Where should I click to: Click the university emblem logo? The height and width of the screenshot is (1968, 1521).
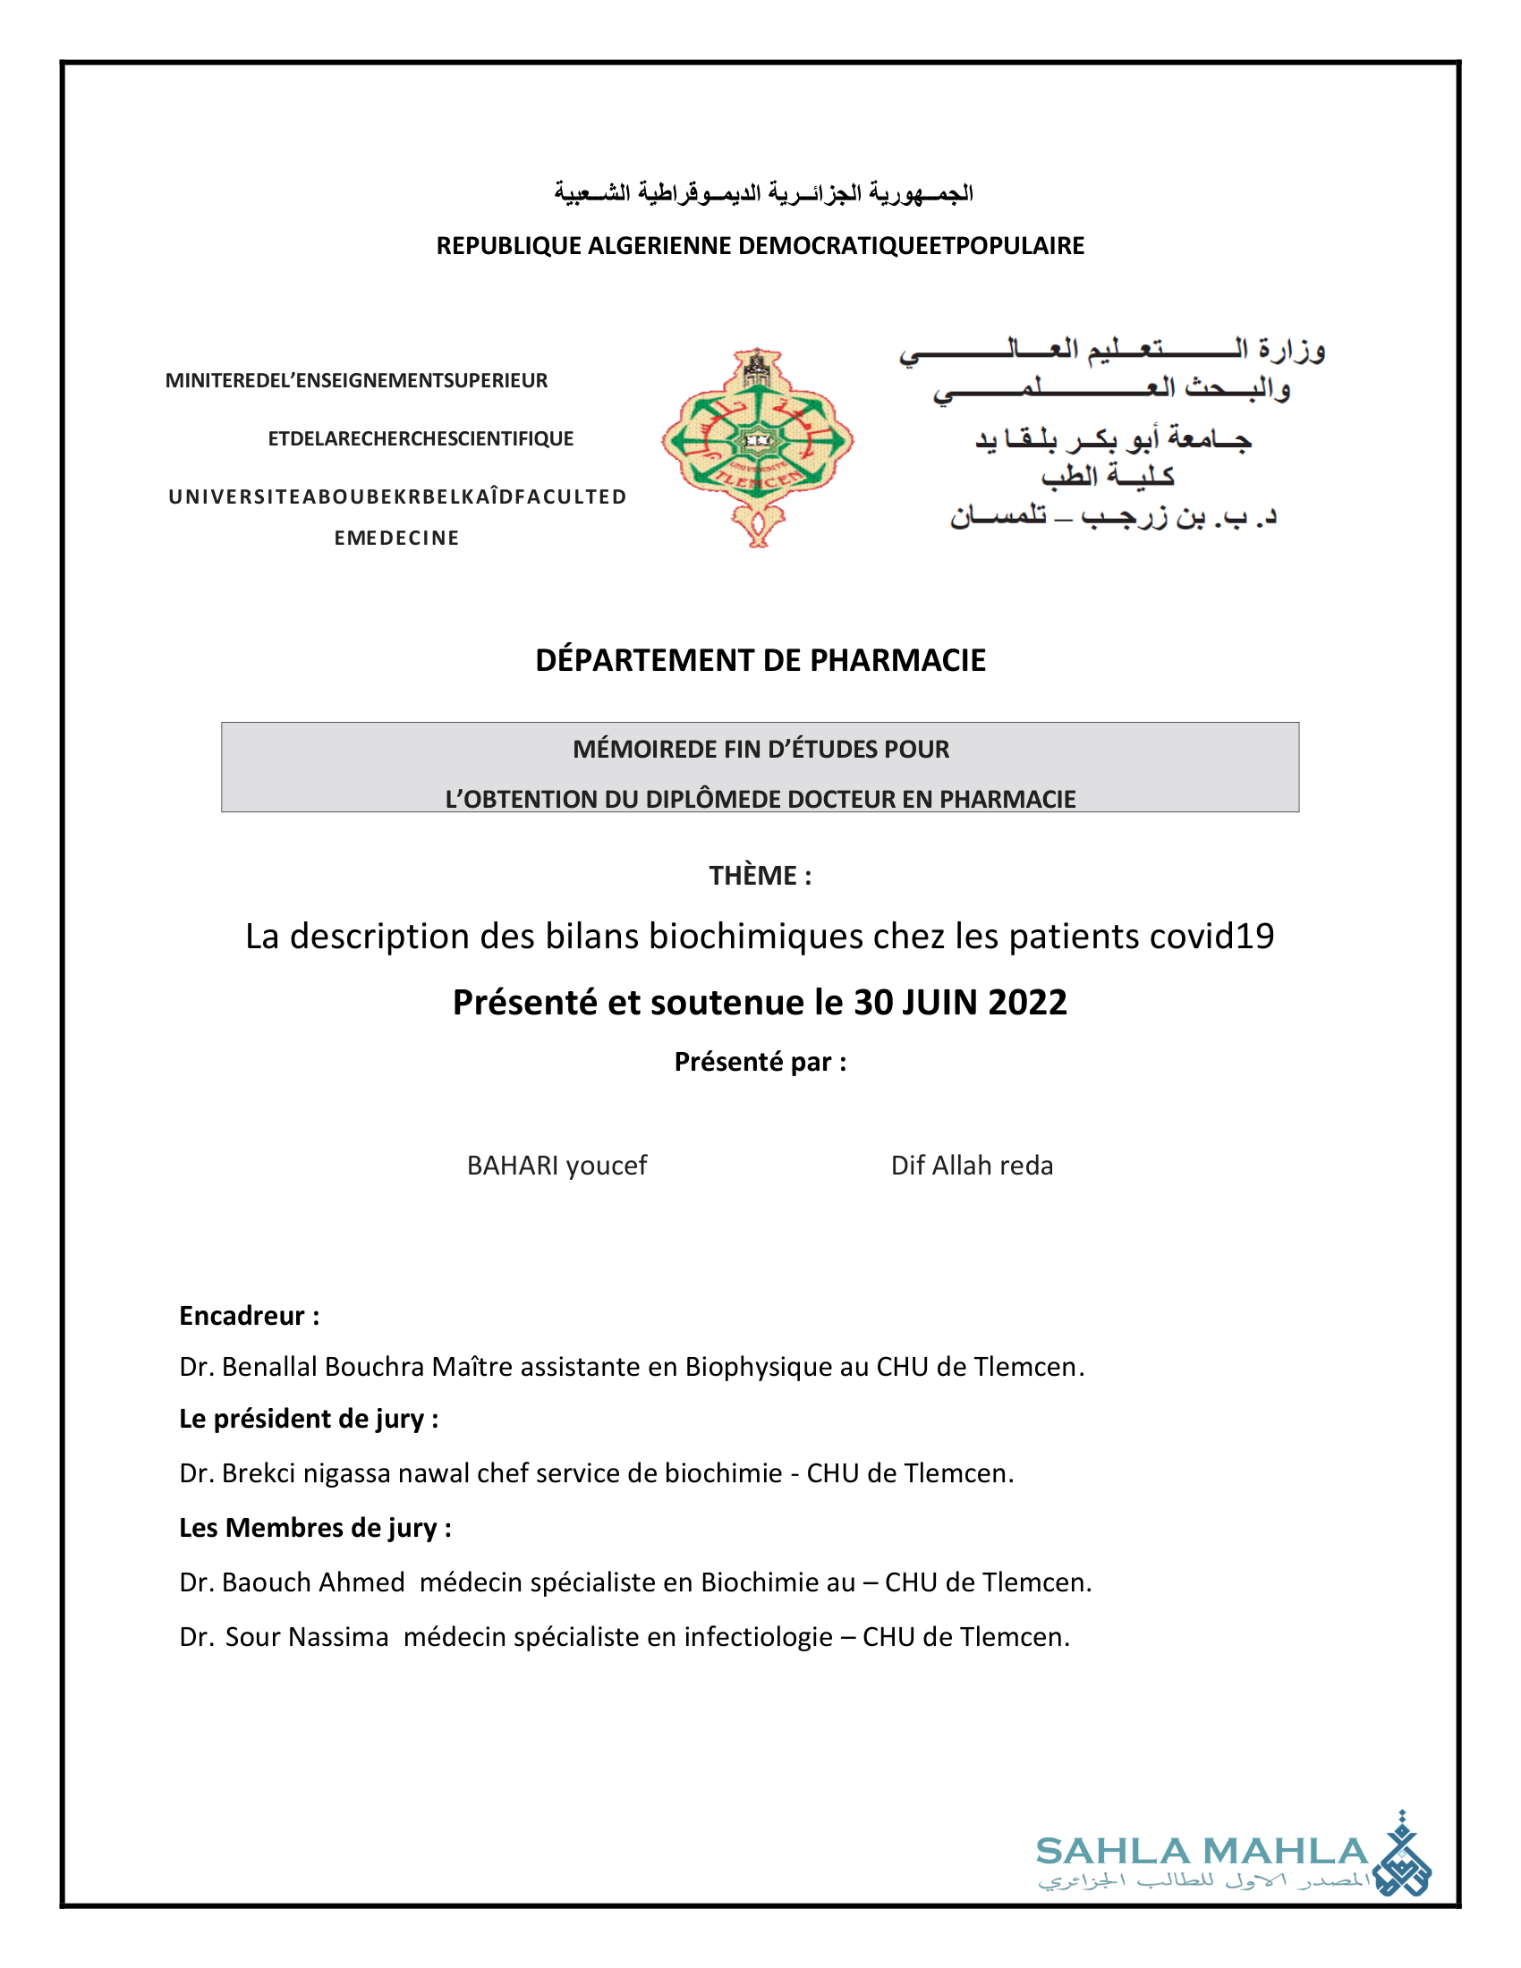(x=758, y=447)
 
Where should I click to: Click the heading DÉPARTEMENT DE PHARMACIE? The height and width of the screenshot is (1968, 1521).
(x=760, y=660)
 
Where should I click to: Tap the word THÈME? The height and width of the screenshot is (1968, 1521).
(x=752, y=876)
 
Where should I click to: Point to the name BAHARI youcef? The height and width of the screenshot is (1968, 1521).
(x=557, y=1166)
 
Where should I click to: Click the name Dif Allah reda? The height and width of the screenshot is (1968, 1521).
(x=972, y=1166)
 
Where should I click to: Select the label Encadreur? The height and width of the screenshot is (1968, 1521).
(x=242, y=1317)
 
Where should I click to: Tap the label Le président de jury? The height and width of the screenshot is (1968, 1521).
(x=308, y=1420)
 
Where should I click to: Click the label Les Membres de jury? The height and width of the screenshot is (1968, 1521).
(x=314, y=1528)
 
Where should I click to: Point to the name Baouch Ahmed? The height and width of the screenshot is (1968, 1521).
(x=312, y=1582)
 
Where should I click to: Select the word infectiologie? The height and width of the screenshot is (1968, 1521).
(x=758, y=1636)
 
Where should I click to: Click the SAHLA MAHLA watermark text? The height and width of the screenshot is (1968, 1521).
(x=1202, y=1852)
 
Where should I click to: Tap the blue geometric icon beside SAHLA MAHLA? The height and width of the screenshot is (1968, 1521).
(x=1402, y=1858)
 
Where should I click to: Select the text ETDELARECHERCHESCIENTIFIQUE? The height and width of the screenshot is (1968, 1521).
(x=421, y=439)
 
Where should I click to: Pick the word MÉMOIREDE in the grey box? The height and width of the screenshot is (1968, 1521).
(x=636, y=750)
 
